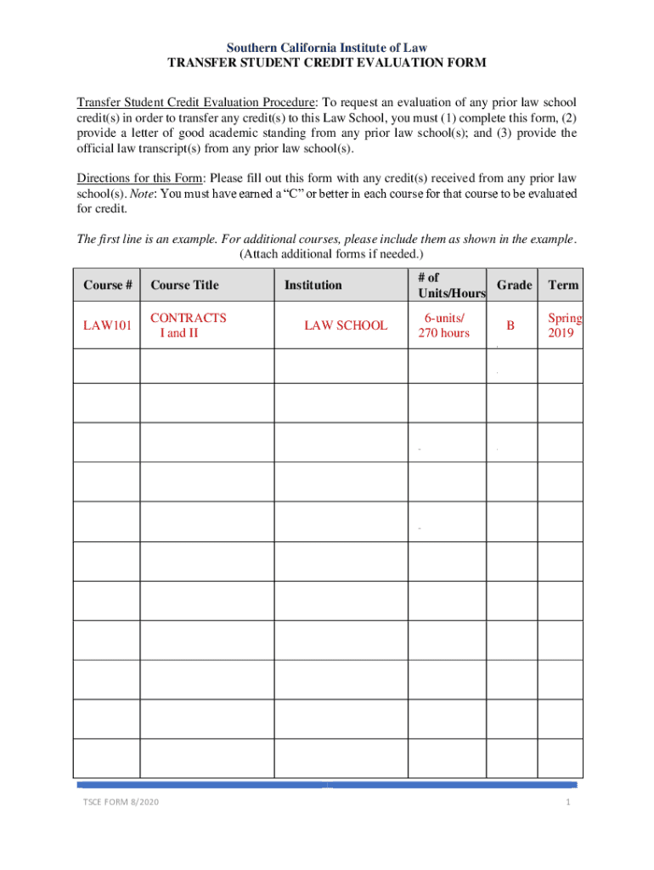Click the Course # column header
(107, 285)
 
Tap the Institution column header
(313, 285)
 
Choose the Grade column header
(515, 285)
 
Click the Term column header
(563, 285)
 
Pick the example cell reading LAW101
(107, 325)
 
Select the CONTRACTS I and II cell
(188, 325)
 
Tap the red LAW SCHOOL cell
(346, 325)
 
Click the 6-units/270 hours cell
(443, 325)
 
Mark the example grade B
(510, 325)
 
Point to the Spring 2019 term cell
(565, 325)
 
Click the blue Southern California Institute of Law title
(327, 48)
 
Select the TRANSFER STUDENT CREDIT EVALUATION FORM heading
(327, 64)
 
